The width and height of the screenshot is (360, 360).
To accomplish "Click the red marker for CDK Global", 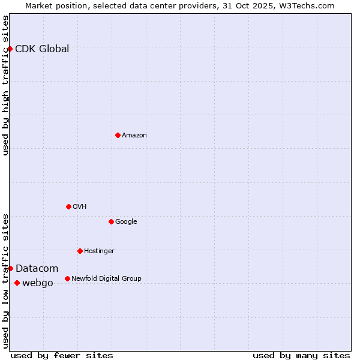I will pos(10,49).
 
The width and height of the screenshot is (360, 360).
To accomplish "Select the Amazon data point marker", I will pos(118,135).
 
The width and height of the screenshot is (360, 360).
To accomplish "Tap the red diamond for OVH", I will pos(68,206).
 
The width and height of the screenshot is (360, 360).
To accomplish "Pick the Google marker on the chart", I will pos(111,221).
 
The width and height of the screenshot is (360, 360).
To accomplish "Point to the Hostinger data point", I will pos(80,251).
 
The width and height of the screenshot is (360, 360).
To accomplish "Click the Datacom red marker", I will pos(10,268).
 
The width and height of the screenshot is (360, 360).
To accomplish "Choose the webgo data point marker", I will pos(17,283).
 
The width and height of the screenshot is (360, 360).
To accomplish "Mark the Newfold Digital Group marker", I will pos(67,278).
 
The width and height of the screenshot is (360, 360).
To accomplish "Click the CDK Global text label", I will pos(42,49).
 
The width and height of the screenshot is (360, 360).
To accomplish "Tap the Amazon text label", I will pos(134,136).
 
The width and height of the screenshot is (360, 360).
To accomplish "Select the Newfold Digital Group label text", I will pos(106,278).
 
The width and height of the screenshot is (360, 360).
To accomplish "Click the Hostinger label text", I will pos(99,251).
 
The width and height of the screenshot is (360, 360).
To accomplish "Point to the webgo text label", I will pos(38,283).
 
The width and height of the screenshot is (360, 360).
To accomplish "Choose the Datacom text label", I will pos(37,269).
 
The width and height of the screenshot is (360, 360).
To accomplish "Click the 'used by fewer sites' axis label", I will pos(62,355).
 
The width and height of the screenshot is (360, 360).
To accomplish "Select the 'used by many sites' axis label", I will pos(301,355).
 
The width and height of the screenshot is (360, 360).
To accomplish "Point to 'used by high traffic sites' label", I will pos(6,85).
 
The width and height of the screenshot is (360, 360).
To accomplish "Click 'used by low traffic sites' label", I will pos(6,281).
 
